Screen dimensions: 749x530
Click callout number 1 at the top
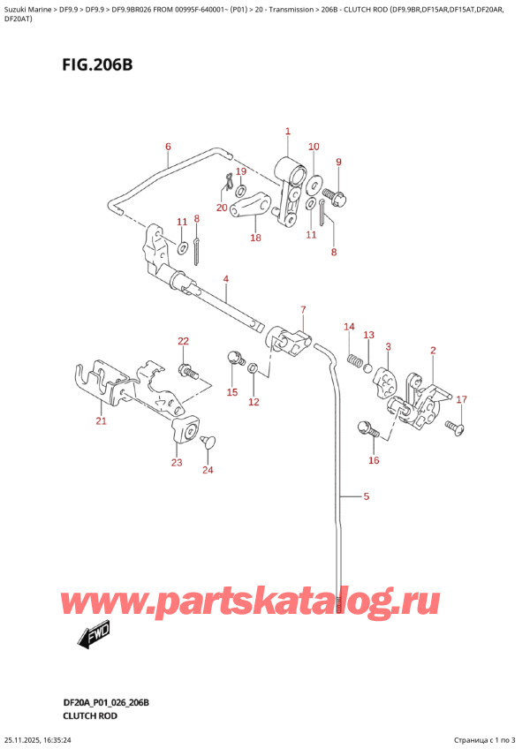tap(288, 132)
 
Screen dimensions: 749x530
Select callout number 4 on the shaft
tap(226, 280)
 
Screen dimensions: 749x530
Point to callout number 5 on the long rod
tap(367, 496)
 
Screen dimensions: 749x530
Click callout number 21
tap(101, 421)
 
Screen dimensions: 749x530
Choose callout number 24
tap(208, 470)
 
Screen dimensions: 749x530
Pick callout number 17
tap(460, 399)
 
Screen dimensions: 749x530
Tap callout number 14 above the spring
tap(349, 327)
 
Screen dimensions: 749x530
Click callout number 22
tap(183, 341)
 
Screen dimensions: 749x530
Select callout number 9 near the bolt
tap(338, 162)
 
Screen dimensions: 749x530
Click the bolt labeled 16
tap(367, 430)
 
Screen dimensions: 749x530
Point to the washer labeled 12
tap(254, 368)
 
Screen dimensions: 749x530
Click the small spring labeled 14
tap(355, 359)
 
